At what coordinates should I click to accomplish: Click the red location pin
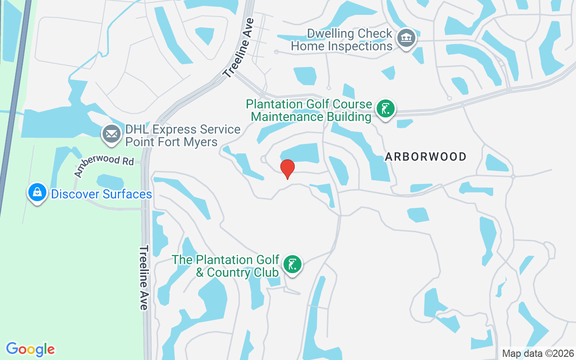[x=288, y=169]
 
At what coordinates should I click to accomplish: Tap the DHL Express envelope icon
[x=111, y=134]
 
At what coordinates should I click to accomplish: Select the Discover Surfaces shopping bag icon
[x=37, y=193]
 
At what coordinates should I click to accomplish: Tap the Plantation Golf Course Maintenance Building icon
[x=385, y=109]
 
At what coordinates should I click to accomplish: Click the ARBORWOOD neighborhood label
[x=426, y=157]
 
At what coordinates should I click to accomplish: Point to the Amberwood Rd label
[x=104, y=164]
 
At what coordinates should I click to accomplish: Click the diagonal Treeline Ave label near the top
[x=238, y=48]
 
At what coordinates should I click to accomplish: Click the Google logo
[x=31, y=349]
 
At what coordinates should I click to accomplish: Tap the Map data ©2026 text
[x=538, y=353]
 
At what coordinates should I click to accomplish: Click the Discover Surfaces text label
[x=101, y=194]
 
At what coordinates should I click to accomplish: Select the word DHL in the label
[x=137, y=130]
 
